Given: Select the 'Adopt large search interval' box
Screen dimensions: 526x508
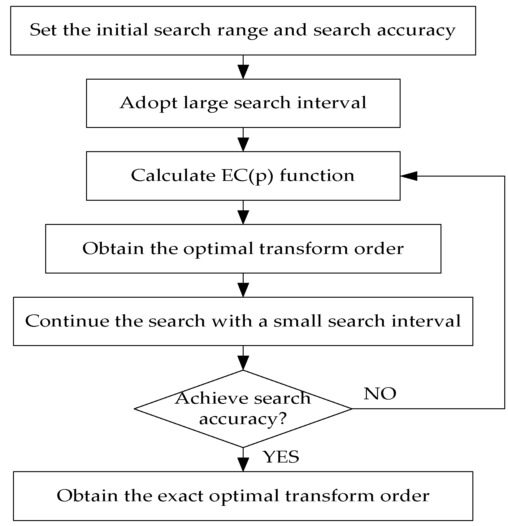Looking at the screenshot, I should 243,103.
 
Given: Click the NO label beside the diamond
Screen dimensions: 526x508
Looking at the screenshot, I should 380,394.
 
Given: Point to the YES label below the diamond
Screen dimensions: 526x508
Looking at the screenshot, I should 281,457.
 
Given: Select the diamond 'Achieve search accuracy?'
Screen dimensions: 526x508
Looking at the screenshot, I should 243,409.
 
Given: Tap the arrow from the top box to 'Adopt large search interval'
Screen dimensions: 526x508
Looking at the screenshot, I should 243,67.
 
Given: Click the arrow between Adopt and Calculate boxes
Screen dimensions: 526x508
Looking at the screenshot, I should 243,140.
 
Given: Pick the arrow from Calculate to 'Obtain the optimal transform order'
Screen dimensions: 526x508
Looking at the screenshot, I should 243,213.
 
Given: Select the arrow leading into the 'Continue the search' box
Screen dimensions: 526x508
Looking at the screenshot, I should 243,285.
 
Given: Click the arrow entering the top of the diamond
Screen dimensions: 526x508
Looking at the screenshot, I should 243,358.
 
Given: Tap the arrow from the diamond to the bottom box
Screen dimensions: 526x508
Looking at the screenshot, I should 243,460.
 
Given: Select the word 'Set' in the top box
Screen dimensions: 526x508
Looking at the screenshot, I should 43,30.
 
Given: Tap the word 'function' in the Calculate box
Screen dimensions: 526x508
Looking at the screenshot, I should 317,176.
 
